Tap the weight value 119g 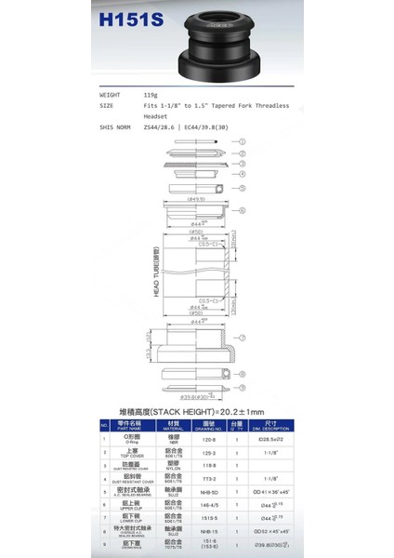click(x=151, y=95)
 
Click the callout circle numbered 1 click(x=242, y=141)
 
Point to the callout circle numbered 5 click(x=242, y=212)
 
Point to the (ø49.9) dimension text click(x=195, y=200)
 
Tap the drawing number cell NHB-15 click(x=209, y=535)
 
